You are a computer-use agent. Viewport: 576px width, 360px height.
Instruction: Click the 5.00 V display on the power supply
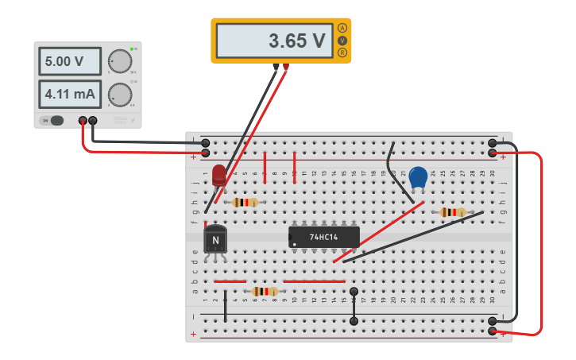point(70,61)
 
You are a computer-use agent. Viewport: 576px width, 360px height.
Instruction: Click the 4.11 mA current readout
point(70,95)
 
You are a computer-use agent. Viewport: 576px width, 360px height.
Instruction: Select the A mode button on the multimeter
point(342,28)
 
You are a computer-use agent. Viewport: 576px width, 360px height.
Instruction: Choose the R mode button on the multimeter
point(342,52)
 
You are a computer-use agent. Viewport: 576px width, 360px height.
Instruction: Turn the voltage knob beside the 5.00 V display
point(120,61)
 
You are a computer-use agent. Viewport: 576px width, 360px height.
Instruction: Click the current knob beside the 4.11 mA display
point(120,94)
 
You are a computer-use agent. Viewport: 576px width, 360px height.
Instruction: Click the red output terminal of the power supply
point(83,121)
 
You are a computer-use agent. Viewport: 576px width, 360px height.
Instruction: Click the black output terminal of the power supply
point(93,121)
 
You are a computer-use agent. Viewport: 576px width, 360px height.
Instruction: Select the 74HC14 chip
point(323,237)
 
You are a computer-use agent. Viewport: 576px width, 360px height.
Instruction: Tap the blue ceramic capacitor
point(418,178)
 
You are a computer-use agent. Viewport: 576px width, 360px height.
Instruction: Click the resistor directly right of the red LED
point(245,203)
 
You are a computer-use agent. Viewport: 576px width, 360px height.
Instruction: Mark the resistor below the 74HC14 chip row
point(265,292)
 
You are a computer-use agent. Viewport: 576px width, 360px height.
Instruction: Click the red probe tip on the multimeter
point(286,68)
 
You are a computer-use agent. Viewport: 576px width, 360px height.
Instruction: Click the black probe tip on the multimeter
point(276,68)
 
